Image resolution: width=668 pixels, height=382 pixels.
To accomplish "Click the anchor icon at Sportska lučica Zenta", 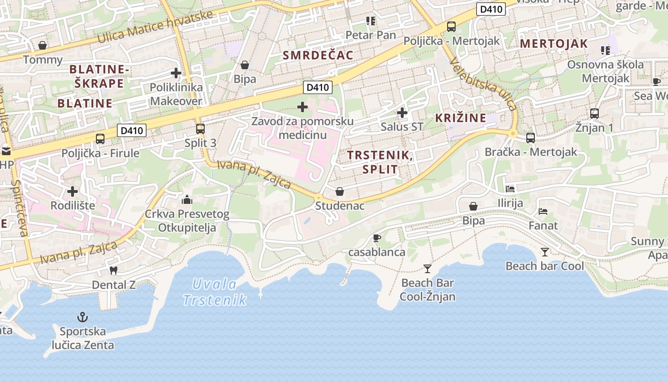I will coord(83,317).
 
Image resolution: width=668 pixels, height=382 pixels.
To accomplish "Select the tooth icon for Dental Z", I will coord(114,270).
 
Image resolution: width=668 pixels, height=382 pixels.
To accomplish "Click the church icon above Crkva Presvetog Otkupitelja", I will coord(187,199).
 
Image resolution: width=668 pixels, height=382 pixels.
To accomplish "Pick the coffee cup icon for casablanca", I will coord(377,237).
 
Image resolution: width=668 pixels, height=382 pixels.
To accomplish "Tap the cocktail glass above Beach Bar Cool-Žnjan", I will coord(427,268).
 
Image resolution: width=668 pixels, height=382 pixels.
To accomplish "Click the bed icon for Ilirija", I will coord(510,189).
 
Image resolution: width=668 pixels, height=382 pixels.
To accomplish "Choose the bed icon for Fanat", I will coord(543,211).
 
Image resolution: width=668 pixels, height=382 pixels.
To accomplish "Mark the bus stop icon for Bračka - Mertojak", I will coord(531,138).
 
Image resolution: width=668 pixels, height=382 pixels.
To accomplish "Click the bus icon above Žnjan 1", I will coord(595,114).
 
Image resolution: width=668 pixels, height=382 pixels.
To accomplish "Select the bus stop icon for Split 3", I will coord(200,128).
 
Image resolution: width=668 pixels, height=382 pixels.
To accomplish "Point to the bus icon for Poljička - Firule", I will coord(100,139).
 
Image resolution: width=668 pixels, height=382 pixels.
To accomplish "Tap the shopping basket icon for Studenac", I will coord(340,191).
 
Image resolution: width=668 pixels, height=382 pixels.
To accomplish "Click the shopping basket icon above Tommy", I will coord(42,45).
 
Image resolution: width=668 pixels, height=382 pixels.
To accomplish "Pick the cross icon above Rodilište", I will coord(73,191).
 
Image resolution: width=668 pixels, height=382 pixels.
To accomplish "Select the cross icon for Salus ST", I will coord(402,113).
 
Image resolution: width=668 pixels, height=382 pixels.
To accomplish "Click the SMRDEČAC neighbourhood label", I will coord(318,55).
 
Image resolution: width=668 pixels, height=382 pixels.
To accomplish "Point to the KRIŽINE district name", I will coord(460,118).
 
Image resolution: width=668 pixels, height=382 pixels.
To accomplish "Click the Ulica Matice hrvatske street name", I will coord(155,27).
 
